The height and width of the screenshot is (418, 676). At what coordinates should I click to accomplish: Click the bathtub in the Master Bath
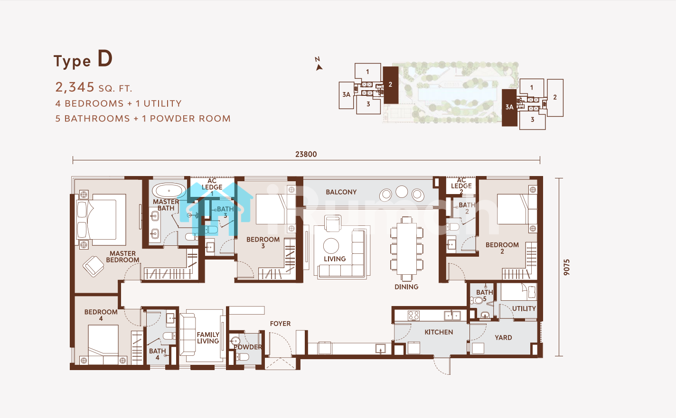[169, 191]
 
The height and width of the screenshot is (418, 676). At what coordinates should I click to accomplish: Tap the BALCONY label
[341, 192]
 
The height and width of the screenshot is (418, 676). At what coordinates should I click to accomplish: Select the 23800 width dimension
[306, 154]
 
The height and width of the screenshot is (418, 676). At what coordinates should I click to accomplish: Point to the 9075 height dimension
[566, 267]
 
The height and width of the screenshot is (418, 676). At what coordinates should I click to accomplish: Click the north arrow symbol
[319, 67]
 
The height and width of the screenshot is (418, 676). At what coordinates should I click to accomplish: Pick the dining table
[406, 249]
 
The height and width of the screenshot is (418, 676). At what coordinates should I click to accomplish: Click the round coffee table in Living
[331, 246]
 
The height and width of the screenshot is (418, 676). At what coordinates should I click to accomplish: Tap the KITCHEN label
[439, 332]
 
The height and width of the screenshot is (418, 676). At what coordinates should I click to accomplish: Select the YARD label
[503, 337]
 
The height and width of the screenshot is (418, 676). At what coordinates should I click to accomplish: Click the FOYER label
[280, 324]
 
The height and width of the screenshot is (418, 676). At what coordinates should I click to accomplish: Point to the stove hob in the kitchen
[413, 316]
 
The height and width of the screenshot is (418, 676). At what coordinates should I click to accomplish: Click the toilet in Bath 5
[476, 300]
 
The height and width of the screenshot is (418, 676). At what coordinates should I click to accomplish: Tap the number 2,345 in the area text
[75, 87]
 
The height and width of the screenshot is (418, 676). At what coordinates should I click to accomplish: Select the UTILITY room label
[524, 308]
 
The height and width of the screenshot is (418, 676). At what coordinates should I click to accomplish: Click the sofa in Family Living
[188, 334]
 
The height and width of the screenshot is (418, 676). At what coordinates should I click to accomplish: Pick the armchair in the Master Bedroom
[93, 266]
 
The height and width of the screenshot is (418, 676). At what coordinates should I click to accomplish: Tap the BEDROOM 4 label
[101, 315]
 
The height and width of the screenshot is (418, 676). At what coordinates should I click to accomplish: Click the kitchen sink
[452, 316]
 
